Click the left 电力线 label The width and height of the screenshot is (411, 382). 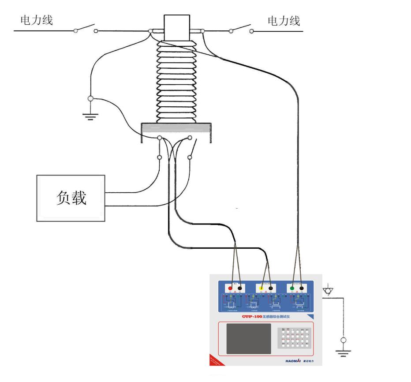(x=37, y=20)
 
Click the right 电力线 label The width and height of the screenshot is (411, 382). (x=284, y=20)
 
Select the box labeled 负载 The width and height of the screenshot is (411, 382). (x=71, y=197)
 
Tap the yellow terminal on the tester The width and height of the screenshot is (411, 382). (x=261, y=288)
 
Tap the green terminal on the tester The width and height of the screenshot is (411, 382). (x=292, y=288)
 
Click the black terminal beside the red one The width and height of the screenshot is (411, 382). (x=240, y=288)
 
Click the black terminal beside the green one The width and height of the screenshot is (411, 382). (x=302, y=288)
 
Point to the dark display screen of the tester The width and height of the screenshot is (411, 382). (x=249, y=338)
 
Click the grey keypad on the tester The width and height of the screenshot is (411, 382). (x=293, y=338)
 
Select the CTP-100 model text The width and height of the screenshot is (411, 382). (x=254, y=317)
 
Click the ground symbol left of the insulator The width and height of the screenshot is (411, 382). (x=91, y=116)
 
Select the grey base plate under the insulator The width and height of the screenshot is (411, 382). (x=177, y=128)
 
